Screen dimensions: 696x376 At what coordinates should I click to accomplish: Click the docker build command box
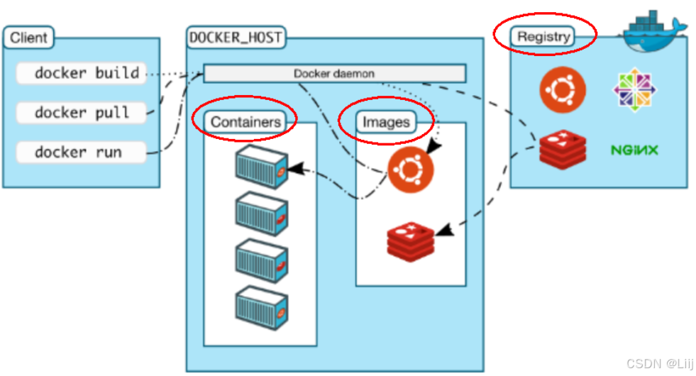click(x=81, y=73)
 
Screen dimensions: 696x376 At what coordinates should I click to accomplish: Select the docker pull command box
click(x=81, y=113)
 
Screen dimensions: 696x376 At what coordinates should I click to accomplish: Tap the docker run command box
click(x=81, y=153)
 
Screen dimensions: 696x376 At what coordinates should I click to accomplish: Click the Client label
click(x=28, y=38)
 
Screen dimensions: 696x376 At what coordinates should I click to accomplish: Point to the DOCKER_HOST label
click(x=236, y=38)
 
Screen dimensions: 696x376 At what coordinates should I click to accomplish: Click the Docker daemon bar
click(x=335, y=73)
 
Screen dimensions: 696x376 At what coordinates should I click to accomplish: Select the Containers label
click(x=245, y=121)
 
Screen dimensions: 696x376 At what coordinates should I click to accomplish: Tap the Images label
click(x=386, y=121)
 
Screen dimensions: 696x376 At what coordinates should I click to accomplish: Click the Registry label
click(x=543, y=36)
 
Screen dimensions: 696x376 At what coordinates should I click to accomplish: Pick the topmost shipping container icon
click(x=262, y=167)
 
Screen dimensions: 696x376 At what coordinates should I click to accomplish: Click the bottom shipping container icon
click(x=262, y=308)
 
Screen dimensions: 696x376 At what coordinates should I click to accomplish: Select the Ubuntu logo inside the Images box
click(x=411, y=170)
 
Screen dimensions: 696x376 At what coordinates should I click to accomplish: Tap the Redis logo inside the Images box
click(x=411, y=241)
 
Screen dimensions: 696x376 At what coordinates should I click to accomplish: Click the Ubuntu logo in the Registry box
click(x=563, y=89)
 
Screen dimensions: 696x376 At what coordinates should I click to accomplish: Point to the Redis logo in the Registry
click(x=563, y=150)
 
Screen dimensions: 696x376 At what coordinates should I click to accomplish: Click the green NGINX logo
click(x=634, y=150)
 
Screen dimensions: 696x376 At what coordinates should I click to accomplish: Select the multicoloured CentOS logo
click(x=635, y=89)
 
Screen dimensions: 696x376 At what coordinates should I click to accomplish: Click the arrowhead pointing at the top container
click(x=296, y=169)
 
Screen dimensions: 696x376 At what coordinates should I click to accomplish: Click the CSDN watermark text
click(x=660, y=363)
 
